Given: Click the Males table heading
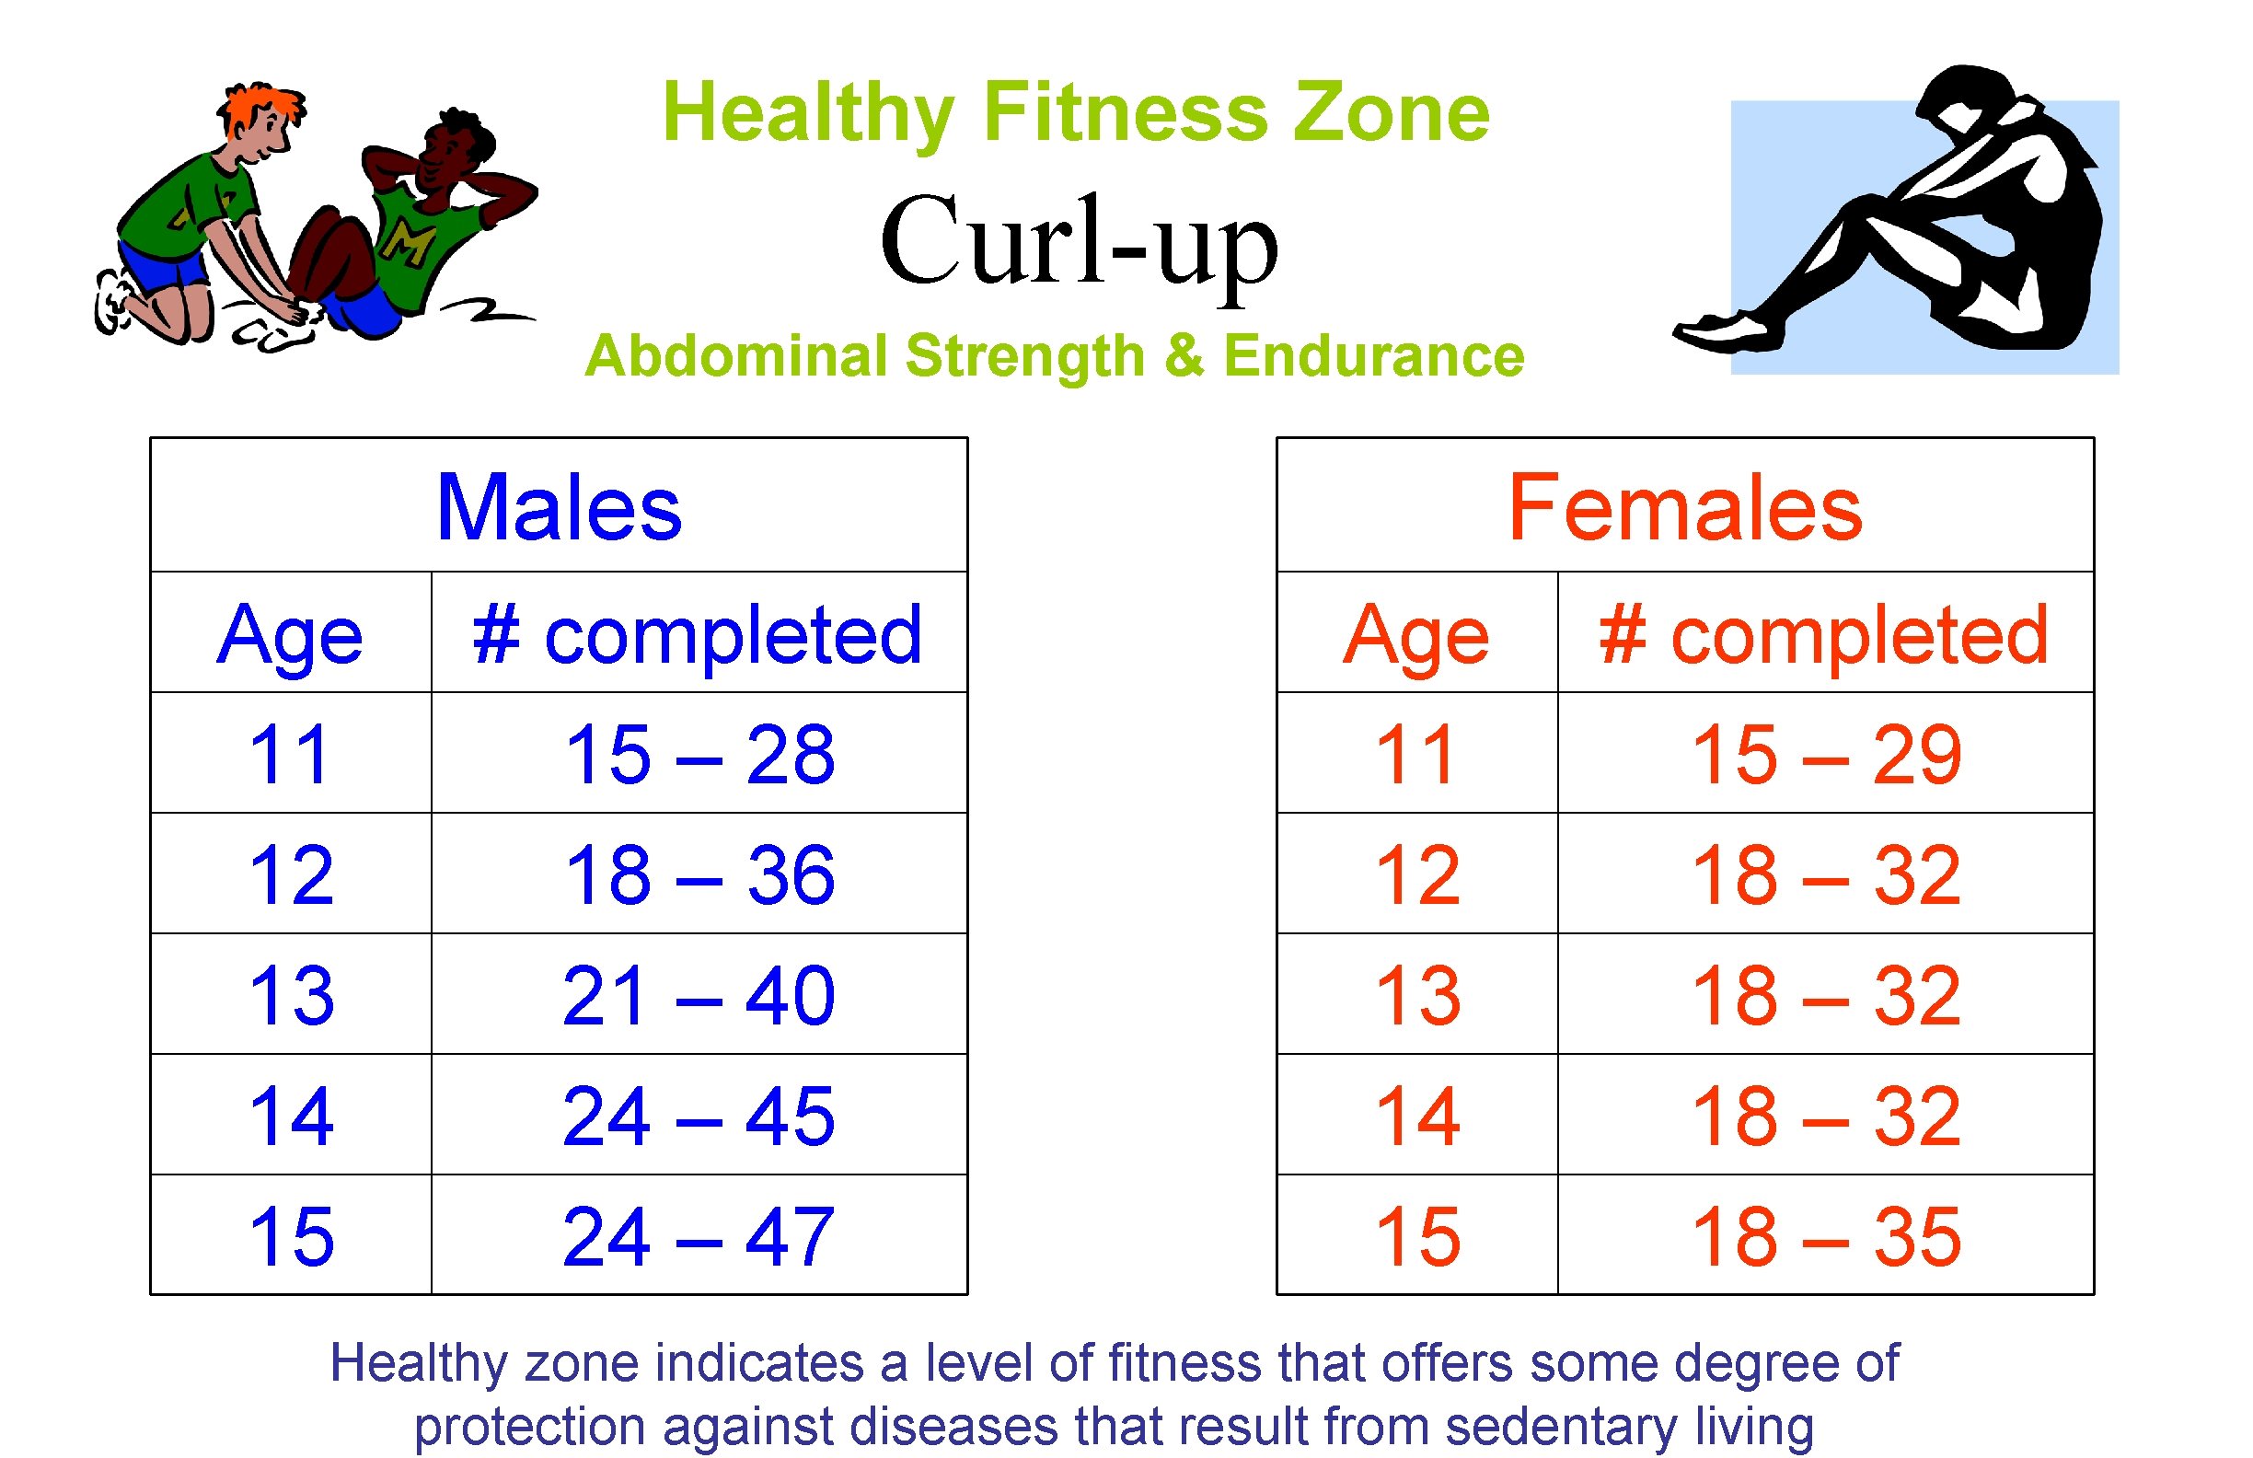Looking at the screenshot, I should (x=559, y=508).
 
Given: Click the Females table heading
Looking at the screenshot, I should (x=1685, y=508).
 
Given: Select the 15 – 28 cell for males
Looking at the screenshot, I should (x=699, y=755).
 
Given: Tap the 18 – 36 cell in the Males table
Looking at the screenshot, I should (x=699, y=874).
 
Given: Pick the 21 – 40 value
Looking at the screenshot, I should (x=699, y=995).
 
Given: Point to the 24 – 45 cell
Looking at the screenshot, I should (x=699, y=1117).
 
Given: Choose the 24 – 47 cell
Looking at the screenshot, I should (x=699, y=1236).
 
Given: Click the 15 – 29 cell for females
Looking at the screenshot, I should (x=1826, y=755).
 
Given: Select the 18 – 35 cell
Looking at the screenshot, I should (x=1826, y=1236).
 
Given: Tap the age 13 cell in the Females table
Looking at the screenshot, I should (x=1417, y=995).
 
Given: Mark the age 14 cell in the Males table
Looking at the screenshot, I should (x=291, y=1117).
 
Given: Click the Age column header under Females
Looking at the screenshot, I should (x=1416, y=635).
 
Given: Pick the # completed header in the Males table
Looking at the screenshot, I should (x=698, y=634).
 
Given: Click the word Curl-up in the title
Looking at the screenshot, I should (x=1080, y=242).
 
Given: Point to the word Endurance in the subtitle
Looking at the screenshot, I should (x=1373, y=356).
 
